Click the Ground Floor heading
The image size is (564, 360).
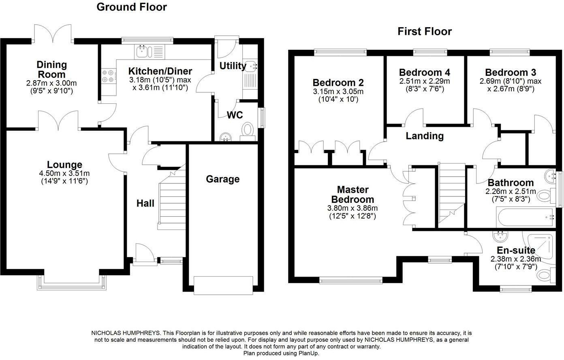[131, 7]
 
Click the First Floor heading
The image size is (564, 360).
[424, 31]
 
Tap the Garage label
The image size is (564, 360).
[222, 179]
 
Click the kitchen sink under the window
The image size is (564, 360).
[143, 51]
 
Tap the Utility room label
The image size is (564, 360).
[233, 66]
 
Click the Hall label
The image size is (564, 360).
[145, 203]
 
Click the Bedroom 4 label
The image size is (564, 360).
[424, 72]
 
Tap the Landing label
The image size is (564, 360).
[425, 136]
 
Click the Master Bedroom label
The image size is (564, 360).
[352, 194]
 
